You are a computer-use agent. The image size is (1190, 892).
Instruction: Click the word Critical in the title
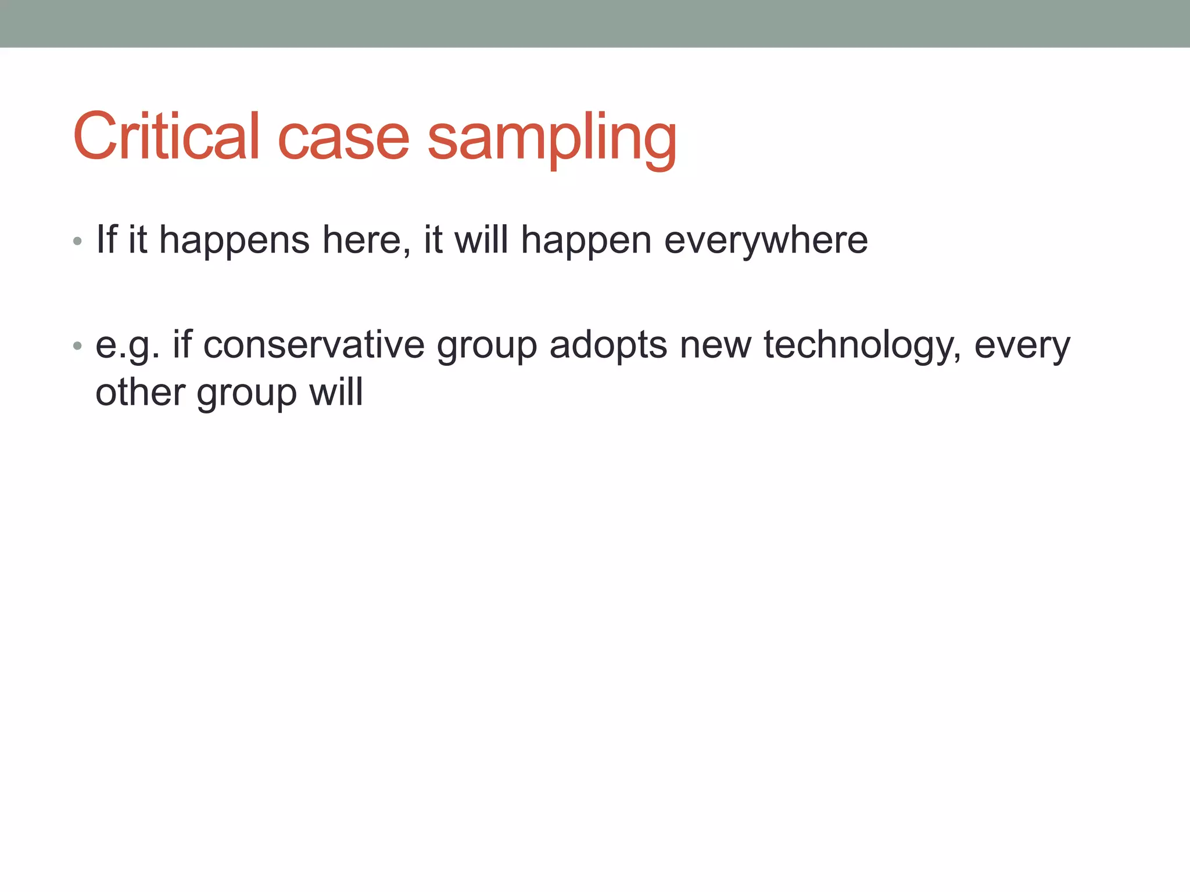pos(166,137)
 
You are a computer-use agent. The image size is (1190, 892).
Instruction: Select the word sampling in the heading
pos(552,139)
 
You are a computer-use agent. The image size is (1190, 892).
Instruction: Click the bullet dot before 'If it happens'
pos(78,241)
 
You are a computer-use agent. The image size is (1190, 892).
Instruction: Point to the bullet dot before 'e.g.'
pos(78,347)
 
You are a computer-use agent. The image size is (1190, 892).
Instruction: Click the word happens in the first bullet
pos(234,241)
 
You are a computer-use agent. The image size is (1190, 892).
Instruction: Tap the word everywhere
pos(766,241)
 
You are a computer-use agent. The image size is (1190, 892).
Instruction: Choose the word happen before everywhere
pos(586,241)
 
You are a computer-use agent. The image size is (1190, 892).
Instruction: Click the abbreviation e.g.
pos(127,346)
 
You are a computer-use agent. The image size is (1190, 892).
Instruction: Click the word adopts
pos(608,346)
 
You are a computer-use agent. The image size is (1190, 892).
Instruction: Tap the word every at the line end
pos(1022,346)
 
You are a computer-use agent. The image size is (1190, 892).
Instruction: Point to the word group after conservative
pos(487,347)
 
